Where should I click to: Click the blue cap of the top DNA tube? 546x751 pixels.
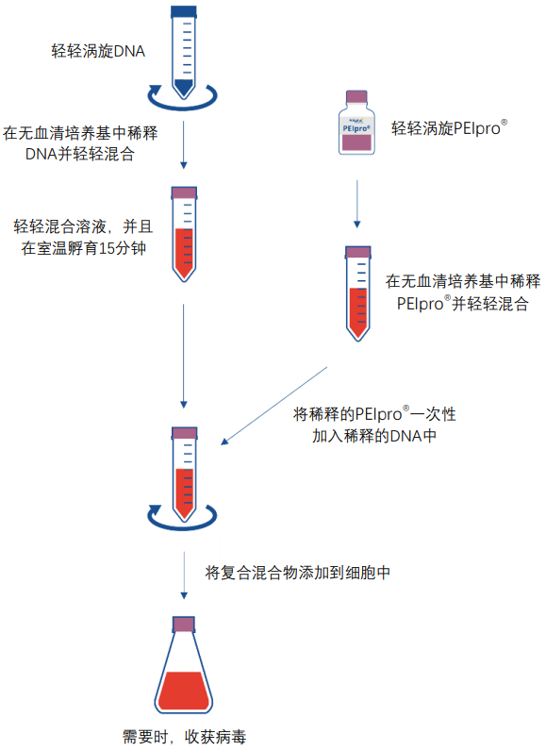click(x=183, y=11)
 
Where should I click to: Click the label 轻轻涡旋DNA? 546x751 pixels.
click(x=98, y=51)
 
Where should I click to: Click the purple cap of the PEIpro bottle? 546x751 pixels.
click(x=356, y=97)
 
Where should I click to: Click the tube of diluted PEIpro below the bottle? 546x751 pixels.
click(x=356, y=293)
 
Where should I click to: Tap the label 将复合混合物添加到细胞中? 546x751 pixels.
click(x=297, y=573)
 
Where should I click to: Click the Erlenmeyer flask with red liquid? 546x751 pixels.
click(x=183, y=676)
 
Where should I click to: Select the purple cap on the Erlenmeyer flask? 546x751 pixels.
click(x=183, y=624)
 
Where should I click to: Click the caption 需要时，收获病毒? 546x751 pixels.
click(x=185, y=737)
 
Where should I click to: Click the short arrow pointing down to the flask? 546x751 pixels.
click(x=183, y=576)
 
